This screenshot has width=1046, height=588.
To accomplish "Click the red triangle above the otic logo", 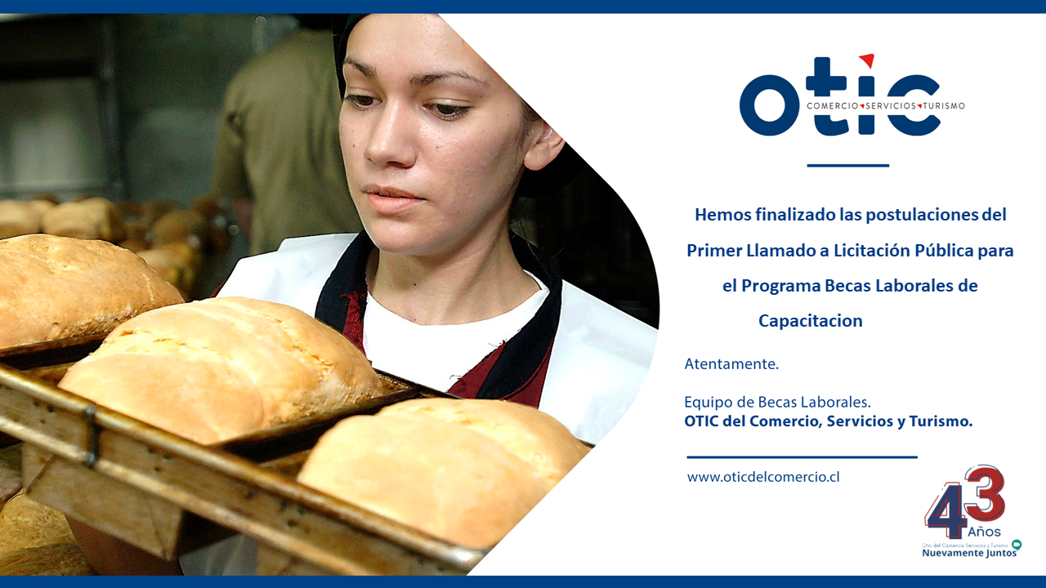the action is tap(868, 60).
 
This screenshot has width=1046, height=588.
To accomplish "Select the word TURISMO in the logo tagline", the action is tap(943, 106).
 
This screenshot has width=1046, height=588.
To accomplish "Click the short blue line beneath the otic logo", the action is tap(847, 165).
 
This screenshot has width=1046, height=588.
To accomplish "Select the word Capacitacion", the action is tap(810, 321).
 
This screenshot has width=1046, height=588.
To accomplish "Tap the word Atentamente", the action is tap(731, 364).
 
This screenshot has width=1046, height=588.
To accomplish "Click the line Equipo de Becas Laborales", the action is tap(777, 402).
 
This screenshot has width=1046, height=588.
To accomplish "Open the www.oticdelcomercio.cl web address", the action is tap(763, 477).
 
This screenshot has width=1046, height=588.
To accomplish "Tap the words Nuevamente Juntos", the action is tap(969, 553).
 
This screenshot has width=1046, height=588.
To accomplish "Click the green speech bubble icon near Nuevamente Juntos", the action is tap(1016, 545).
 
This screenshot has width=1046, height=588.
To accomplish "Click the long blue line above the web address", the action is tap(802, 457).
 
